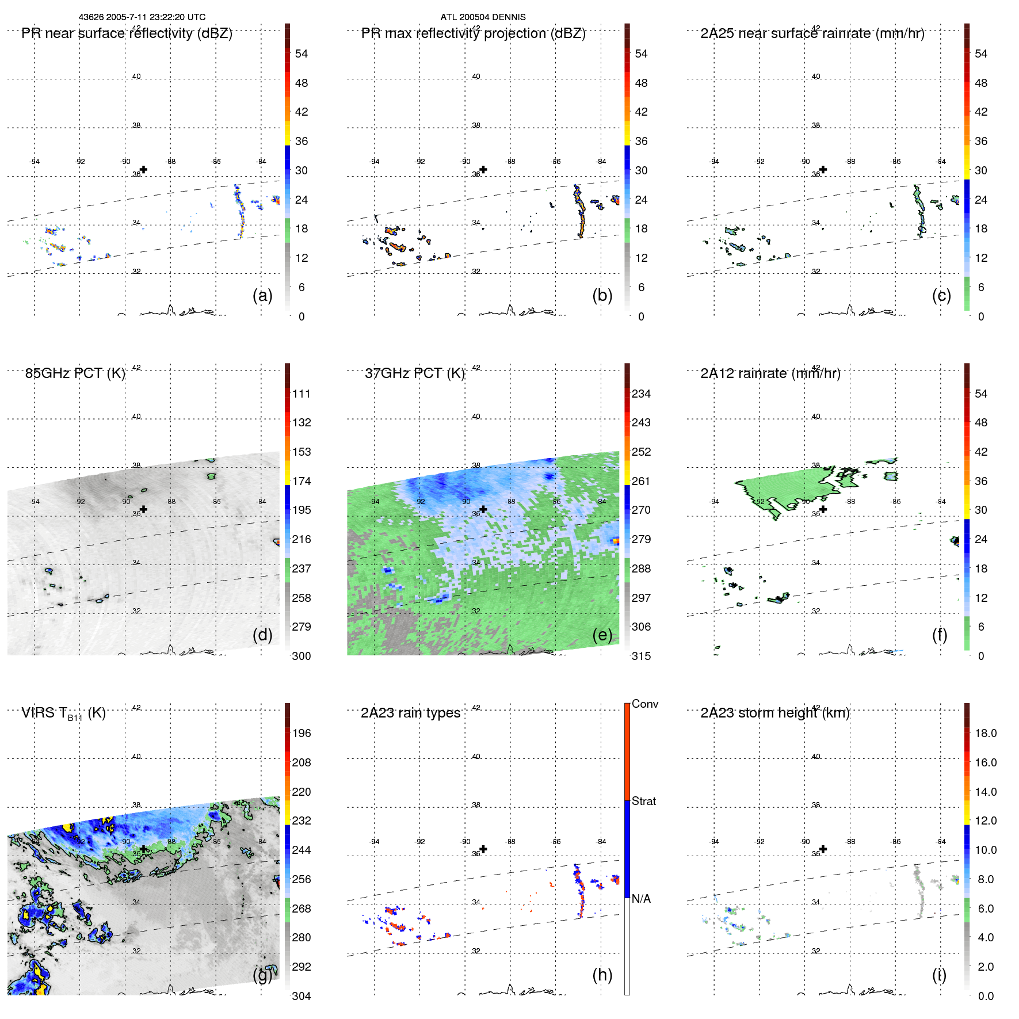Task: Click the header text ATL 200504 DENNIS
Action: point(483,17)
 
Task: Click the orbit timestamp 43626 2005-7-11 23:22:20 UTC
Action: point(142,17)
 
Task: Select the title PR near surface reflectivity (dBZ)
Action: point(127,33)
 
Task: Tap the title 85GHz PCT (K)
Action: point(75,373)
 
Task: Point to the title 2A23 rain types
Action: point(410,713)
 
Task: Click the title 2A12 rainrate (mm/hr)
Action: point(770,373)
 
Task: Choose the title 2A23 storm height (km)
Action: point(774,713)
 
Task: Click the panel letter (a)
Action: point(262,295)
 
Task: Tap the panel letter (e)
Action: point(602,635)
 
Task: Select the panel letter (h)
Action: point(602,975)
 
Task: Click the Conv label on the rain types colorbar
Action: point(644,704)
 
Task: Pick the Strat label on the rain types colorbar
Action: point(643,801)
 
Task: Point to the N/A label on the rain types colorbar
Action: point(641,899)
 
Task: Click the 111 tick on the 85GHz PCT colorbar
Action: point(301,394)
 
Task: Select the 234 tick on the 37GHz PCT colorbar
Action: point(641,394)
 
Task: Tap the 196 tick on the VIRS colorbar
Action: point(301,733)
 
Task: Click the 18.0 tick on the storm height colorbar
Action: point(985,733)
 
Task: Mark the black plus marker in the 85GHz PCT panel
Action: point(143,509)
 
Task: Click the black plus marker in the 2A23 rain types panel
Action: point(483,849)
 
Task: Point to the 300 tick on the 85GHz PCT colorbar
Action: point(301,656)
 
